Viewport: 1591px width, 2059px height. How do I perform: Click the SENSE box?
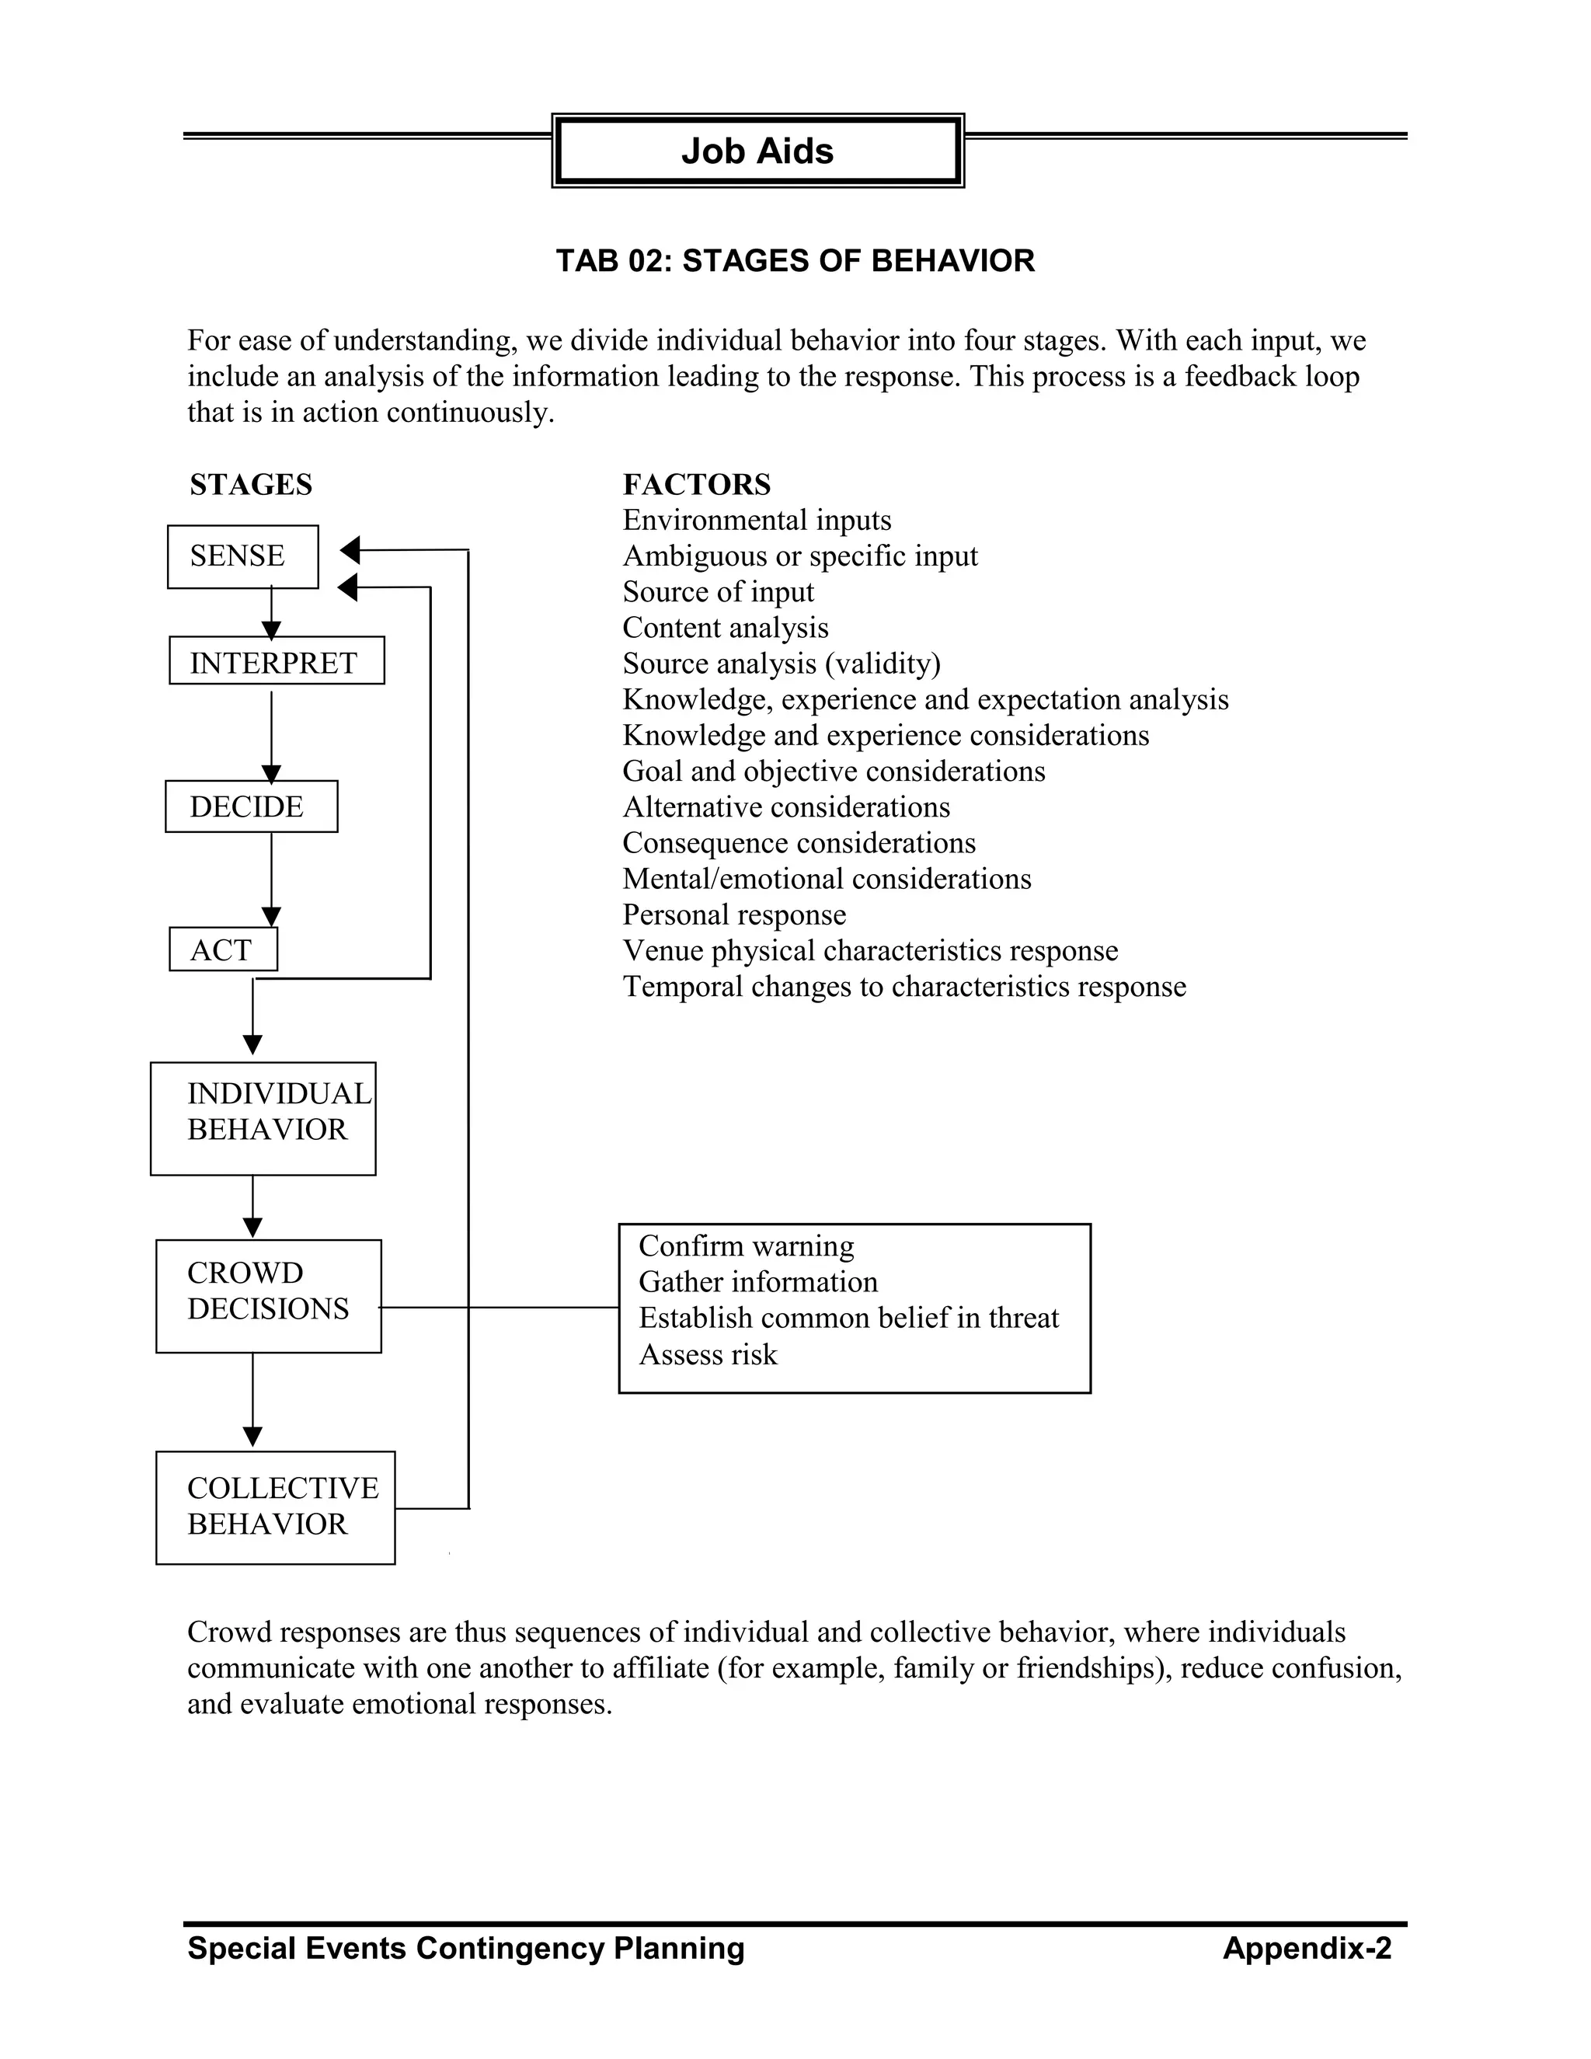[242, 556]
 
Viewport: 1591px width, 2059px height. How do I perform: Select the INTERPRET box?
[276, 661]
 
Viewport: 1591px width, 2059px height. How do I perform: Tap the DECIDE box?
[251, 806]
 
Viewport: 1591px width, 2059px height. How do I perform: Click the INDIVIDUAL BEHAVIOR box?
[263, 1118]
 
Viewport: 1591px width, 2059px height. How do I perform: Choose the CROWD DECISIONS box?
[269, 1295]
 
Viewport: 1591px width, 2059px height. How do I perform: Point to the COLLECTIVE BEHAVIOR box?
[275, 1507]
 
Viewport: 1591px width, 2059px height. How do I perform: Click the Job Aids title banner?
[757, 151]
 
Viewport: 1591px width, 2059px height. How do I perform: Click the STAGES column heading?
[251, 485]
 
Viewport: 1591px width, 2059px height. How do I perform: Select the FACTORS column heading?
[697, 485]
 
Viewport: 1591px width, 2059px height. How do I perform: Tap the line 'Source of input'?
[719, 592]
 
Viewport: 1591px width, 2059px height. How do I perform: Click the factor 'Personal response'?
[734, 915]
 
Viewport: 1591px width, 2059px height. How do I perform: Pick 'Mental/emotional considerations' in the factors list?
[827, 879]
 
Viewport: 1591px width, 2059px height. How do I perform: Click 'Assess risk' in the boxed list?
[708, 1355]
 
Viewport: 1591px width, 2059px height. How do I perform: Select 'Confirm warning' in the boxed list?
[747, 1246]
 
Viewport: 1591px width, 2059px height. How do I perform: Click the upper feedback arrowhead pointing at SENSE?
[350, 549]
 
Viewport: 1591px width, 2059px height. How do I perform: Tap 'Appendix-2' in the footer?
[1307, 1948]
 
